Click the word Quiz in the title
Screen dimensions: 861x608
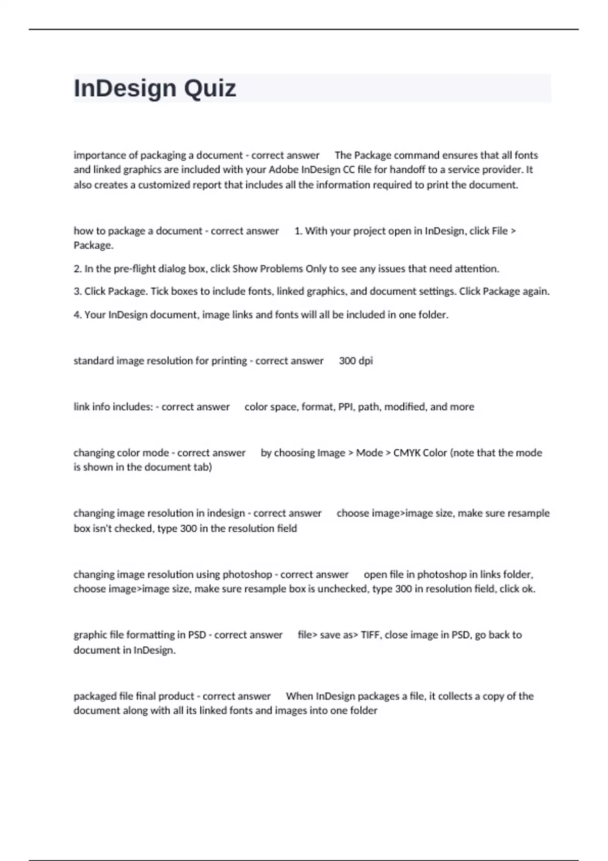tap(210, 89)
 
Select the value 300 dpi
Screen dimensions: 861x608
tap(356, 361)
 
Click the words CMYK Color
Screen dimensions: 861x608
tap(420, 453)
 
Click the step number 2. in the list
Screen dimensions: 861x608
tap(78, 269)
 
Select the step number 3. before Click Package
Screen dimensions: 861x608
tap(78, 292)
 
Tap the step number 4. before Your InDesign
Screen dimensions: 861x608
tap(78, 315)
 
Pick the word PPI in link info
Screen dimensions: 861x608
tap(346, 407)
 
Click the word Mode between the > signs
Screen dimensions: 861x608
tap(369, 453)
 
